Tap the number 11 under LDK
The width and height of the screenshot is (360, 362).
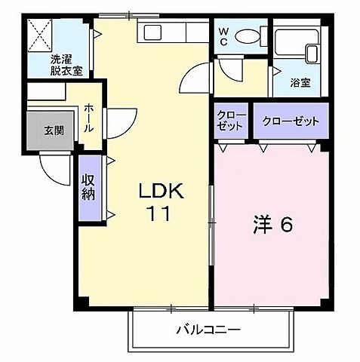tap(157, 213)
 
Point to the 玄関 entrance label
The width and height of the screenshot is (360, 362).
tap(52, 130)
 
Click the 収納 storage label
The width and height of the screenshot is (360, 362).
tap(89, 188)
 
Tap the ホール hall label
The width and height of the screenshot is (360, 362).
tap(89, 119)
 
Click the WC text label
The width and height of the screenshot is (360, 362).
tap(225, 37)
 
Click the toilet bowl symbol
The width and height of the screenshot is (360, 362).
tap(246, 36)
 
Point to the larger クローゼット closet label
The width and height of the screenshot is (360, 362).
tap(291, 121)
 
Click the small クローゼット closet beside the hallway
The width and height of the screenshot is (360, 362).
tap(231, 120)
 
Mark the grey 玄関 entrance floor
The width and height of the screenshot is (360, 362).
tap(47, 133)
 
